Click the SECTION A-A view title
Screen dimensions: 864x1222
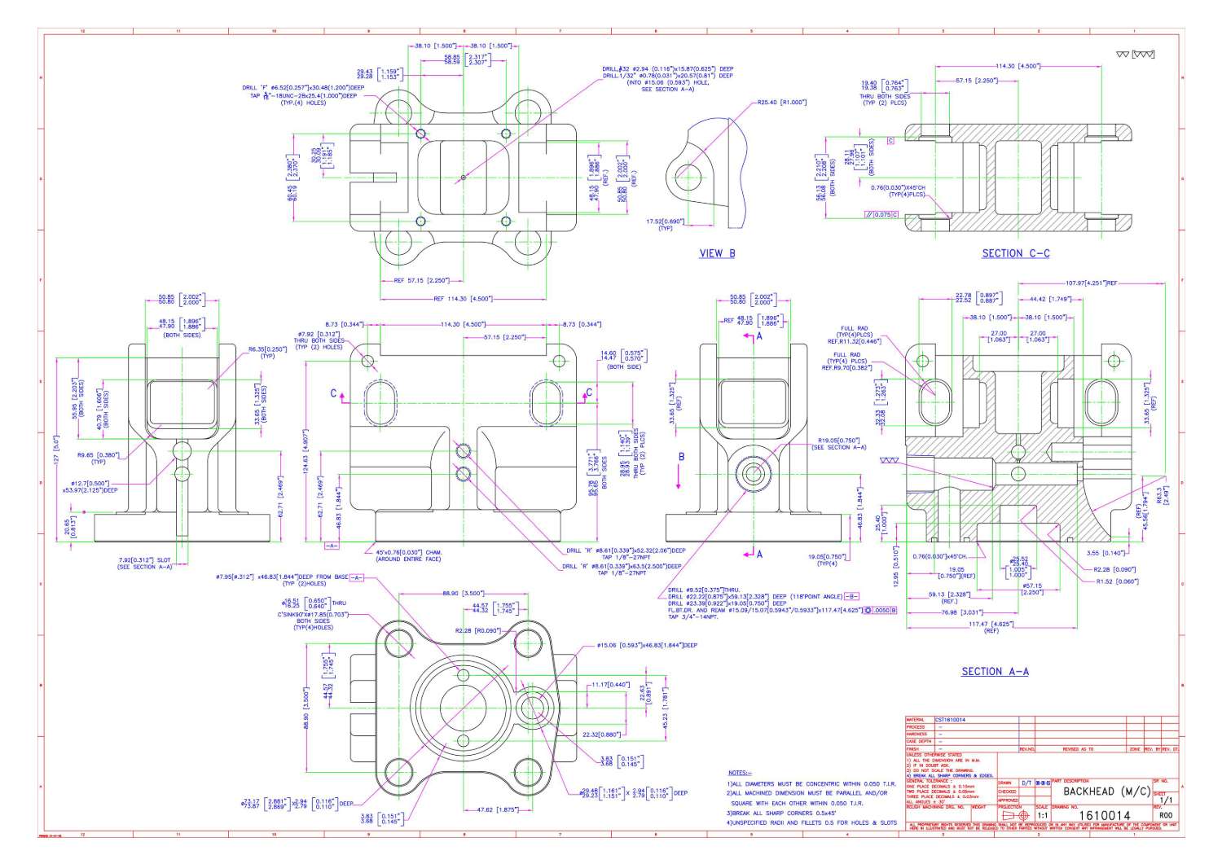pyautogui.click(x=995, y=672)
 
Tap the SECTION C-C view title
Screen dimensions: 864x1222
pyautogui.click(x=1015, y=253)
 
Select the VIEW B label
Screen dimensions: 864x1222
pyautogui.click(x=717, y=253)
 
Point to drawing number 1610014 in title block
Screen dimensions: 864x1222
pyautogui.click(x=1104, y=815)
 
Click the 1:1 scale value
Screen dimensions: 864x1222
pyautogui.click(x=1042, y=814)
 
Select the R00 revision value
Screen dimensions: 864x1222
pyautogui.click(x=1166, y=814)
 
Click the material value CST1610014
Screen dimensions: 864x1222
pyautogui.click(x=951, y=720)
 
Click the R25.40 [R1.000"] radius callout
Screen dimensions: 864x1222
pyautogui.click(x=781, y=103)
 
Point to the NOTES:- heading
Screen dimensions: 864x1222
pyautogui.click(x=738, y=771)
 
